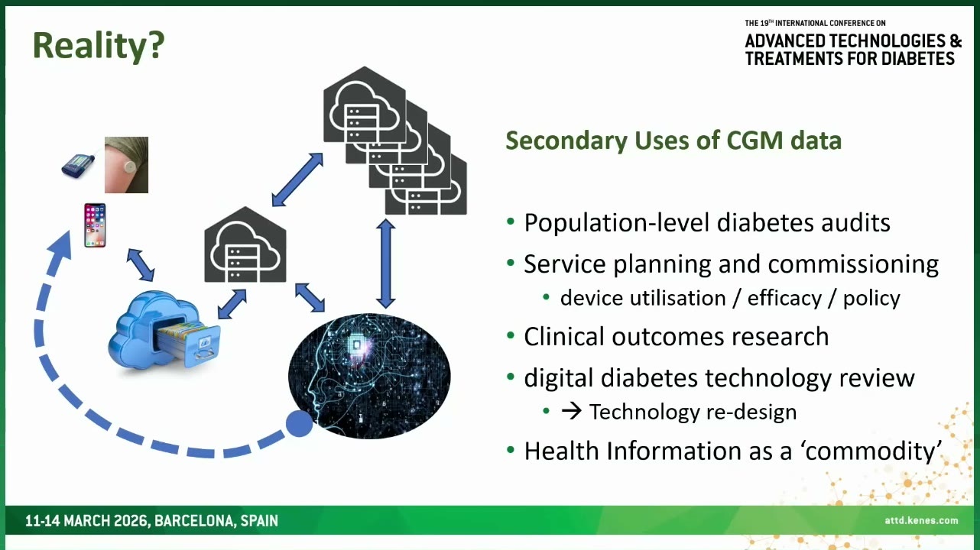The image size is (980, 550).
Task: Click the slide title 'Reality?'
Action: click(x=99, y=46)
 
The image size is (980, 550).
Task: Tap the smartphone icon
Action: click(x=95, y=225)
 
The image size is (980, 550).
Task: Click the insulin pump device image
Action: click(x=78, y=164)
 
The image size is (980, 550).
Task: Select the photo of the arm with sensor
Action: click(x=126, y=165)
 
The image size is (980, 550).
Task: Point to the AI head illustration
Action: click(x=369, y=376)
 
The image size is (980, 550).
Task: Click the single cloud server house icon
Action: click(x=245, y=245)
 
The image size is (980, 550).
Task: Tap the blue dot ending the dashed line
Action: click(x=299, y=423)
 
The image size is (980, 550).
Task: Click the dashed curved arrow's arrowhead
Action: click(x=60, y=246)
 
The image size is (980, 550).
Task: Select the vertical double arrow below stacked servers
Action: click(x=386, y=264)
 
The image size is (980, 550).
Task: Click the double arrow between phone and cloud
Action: click(x=141, y=265)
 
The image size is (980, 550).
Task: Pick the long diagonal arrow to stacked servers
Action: click(x=297, y=180)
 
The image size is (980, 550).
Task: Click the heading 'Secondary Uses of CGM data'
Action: click(x=673, y=141)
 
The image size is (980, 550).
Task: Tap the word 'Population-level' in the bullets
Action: click(x=616, y=223)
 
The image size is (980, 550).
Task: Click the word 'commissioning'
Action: click(x=853, y=264)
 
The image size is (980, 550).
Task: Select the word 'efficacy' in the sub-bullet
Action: click(x=784, y=299)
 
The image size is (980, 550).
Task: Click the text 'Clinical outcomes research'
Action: click(x=677, y=337)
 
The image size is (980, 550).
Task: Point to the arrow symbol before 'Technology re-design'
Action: click(x=571, y=412)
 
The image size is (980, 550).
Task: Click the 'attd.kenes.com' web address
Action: click(x=921, y=520)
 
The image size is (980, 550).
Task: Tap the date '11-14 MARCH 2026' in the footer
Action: click(x=87, y=521)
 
